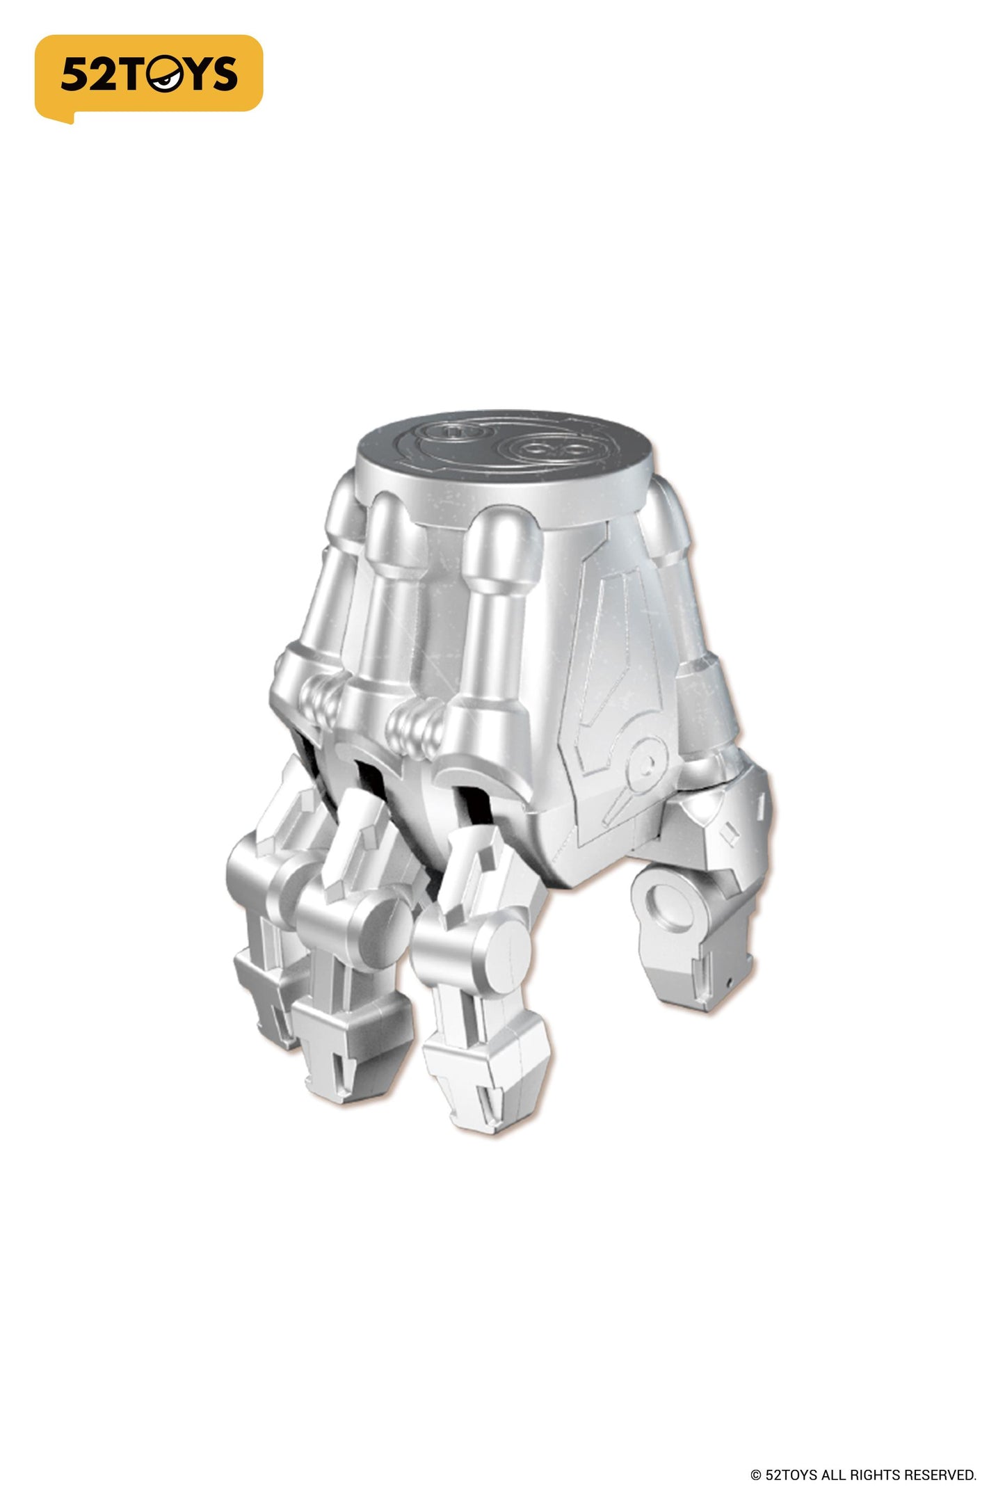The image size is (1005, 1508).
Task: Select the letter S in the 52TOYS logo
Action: point(223,74)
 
